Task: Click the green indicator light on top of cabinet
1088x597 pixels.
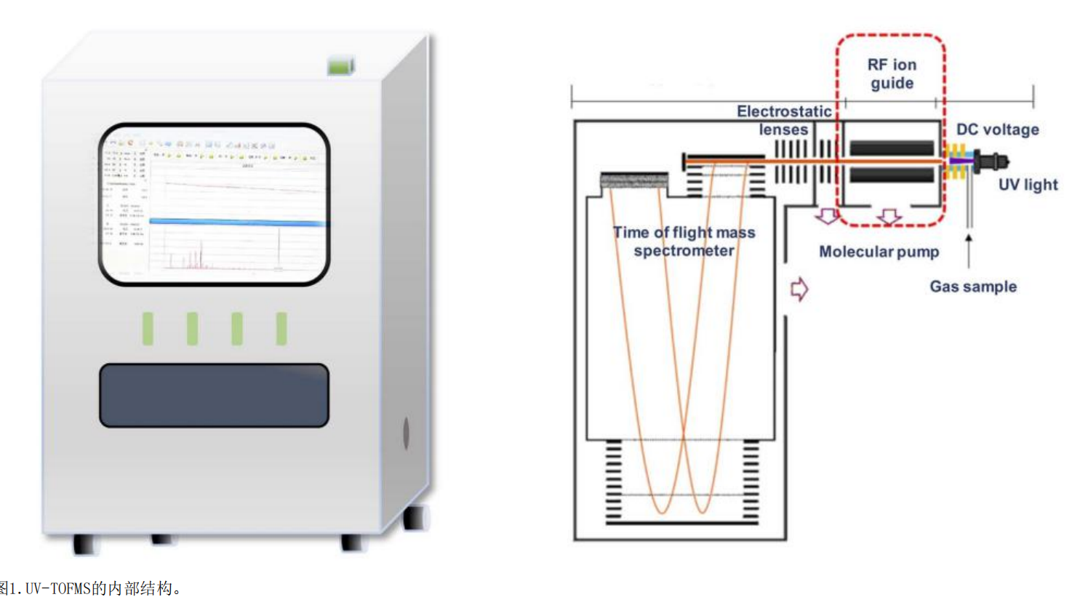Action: pyautogui.click(x=340, y=66)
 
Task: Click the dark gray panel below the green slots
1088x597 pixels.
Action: pyautogui.click(x=214, y=395)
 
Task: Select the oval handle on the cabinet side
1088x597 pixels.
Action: pyautogui.click(x=406, y=433)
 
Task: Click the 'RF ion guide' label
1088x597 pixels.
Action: pyautogui.click(x=892, y=73)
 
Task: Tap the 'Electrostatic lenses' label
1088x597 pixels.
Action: pyautogui.click(x=784, y=120)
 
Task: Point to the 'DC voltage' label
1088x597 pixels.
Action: pyautogui.click(x=997, y=129)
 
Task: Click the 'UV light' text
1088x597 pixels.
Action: pyautogui.click(x=1028, y=185)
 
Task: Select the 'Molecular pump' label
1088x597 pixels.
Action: pyautogui.click(x=879, y=252)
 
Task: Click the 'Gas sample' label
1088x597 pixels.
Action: pyautogui.click(x=973, y=287)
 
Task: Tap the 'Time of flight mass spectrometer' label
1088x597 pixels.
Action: pyautogui.click(x=684, y=241)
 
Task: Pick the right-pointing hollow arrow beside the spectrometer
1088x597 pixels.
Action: pyautogui.click(x=799, y=289)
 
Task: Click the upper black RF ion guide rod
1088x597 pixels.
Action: pyautogui.click(x=892, y=148)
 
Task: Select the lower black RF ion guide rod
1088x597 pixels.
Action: pyautogui.click(x=892, y=175)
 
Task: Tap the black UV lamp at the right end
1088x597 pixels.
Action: pyautogui.click(x=991, y=161)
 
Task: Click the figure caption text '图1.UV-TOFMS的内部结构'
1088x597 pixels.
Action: pyautogui.click(x=91, y=588)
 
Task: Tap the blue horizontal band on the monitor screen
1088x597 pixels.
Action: pyautogui.click(x=237, y=222)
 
